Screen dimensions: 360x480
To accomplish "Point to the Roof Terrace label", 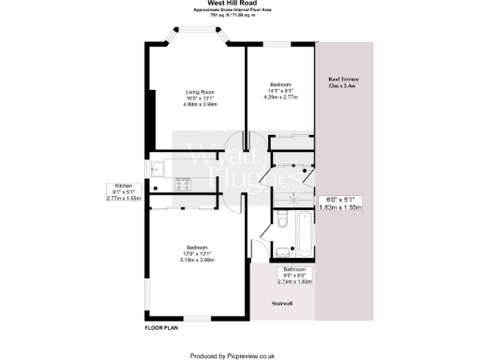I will coord(343,80).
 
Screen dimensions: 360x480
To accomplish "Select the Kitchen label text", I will coord(123,186).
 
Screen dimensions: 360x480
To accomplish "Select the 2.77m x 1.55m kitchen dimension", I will coord(123,199).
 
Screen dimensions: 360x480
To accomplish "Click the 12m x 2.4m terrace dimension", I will coord(343,87).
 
